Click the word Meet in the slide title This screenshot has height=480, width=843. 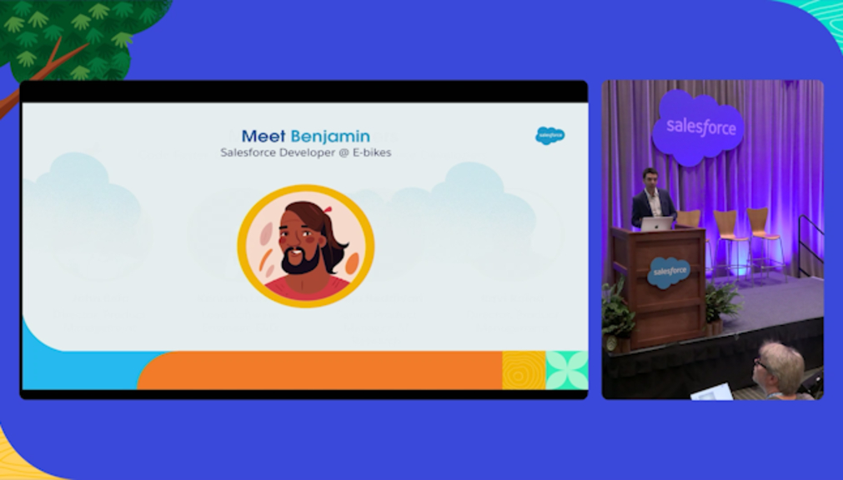point(263,137)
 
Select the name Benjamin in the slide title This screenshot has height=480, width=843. point(330,137)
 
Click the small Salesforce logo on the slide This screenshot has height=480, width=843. point(550,136)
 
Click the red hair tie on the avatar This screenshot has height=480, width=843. point(327,209)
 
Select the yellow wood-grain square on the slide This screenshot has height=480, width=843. point(524,370)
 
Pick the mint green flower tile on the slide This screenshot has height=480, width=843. point(567,370)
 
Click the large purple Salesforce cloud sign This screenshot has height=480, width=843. point(698,127)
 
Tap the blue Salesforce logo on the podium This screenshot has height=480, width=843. point(668,272)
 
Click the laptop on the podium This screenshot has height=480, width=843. point(657,223)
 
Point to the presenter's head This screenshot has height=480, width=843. point(650,177)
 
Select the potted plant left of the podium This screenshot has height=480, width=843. point(617,314)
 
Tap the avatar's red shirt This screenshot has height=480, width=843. point(307,290)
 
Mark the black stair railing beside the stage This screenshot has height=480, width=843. point(810,241)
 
